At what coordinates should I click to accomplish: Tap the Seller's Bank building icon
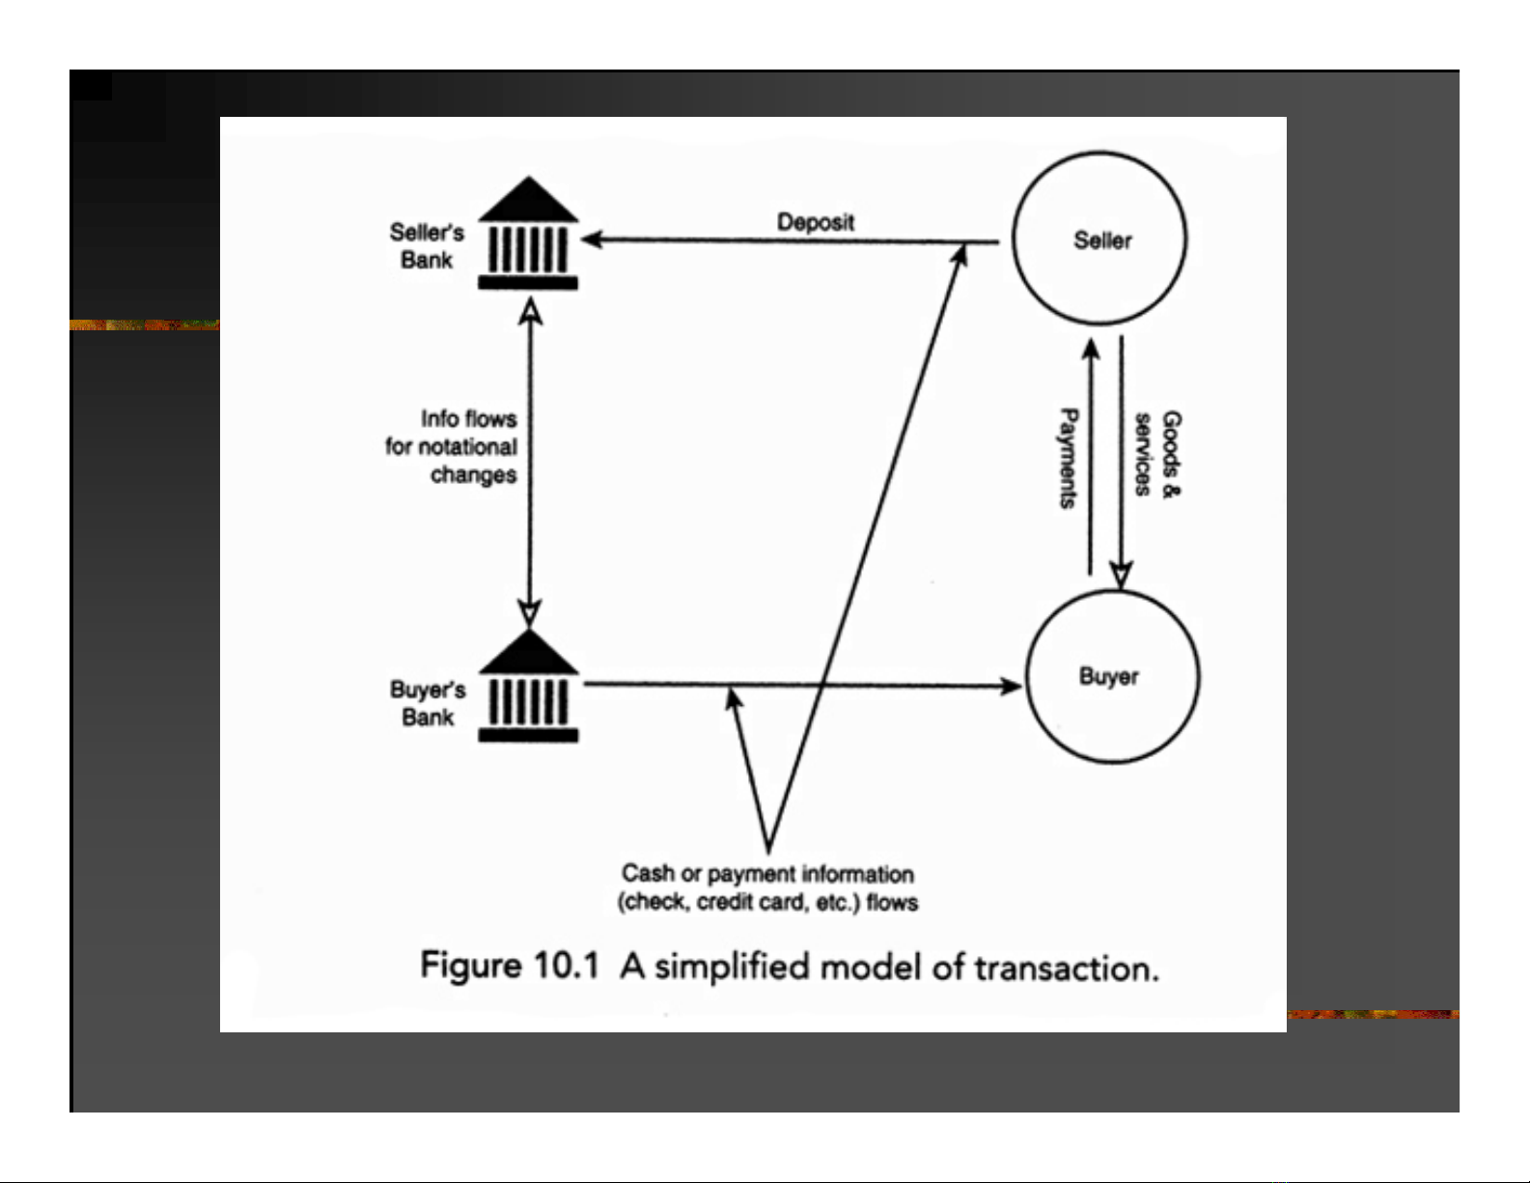coord(528,233)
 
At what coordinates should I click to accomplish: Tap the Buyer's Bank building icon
coord(528,686)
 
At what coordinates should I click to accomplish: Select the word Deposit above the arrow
coord(816,222)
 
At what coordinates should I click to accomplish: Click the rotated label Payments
coord(1069,459)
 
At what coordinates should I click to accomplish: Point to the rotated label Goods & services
coord(1157,454)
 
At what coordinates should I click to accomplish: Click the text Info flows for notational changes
coord(452,446)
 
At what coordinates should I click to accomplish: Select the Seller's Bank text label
coord(427,245)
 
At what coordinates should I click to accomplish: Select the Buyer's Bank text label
coord(428,703)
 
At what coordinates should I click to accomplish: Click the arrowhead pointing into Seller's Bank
coord(593,239)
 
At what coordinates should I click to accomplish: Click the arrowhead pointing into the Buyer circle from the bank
coord(1011,685)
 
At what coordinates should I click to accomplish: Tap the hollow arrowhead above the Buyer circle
coord(1121,575)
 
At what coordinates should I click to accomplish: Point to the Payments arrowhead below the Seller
coord(1091,350)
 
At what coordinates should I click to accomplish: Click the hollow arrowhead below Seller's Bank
coord(530,311)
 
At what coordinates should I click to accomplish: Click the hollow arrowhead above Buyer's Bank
coord(530,612)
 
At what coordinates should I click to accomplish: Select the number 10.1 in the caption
coord(566,965)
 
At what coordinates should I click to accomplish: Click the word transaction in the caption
coord(1066,968)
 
